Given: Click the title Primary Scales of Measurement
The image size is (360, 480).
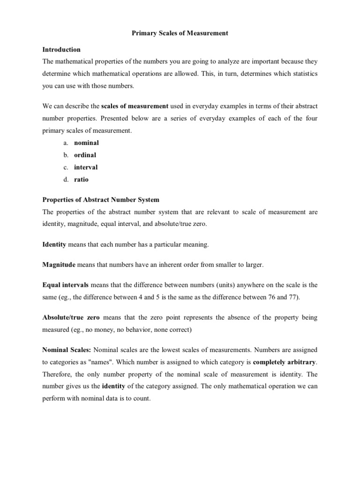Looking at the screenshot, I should coord(180,33).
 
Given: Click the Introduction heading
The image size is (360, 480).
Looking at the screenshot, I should coord(61,49).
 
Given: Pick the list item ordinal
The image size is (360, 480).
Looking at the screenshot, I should coord(86,155).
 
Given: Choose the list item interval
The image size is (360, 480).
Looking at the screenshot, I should coord(86,167).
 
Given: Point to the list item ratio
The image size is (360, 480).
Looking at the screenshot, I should coord(81,180).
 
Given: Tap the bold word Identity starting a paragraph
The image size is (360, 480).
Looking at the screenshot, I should coord(54,244).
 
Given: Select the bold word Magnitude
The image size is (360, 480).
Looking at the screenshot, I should coord(59,265).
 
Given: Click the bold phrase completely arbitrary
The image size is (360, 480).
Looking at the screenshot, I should coord(285,362).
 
